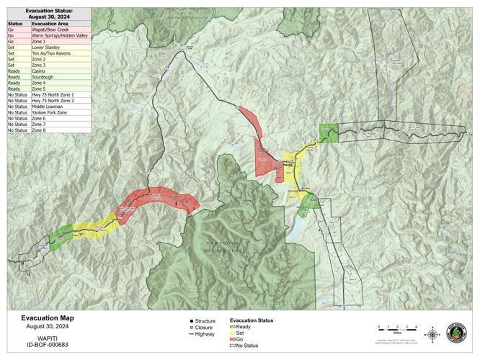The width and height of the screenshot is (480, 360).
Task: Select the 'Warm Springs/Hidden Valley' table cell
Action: click(x=60, y=36)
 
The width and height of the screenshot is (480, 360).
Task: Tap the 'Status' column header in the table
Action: click(x=16, y=24)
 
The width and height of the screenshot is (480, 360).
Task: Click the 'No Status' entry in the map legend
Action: click(x=246, y=346)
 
